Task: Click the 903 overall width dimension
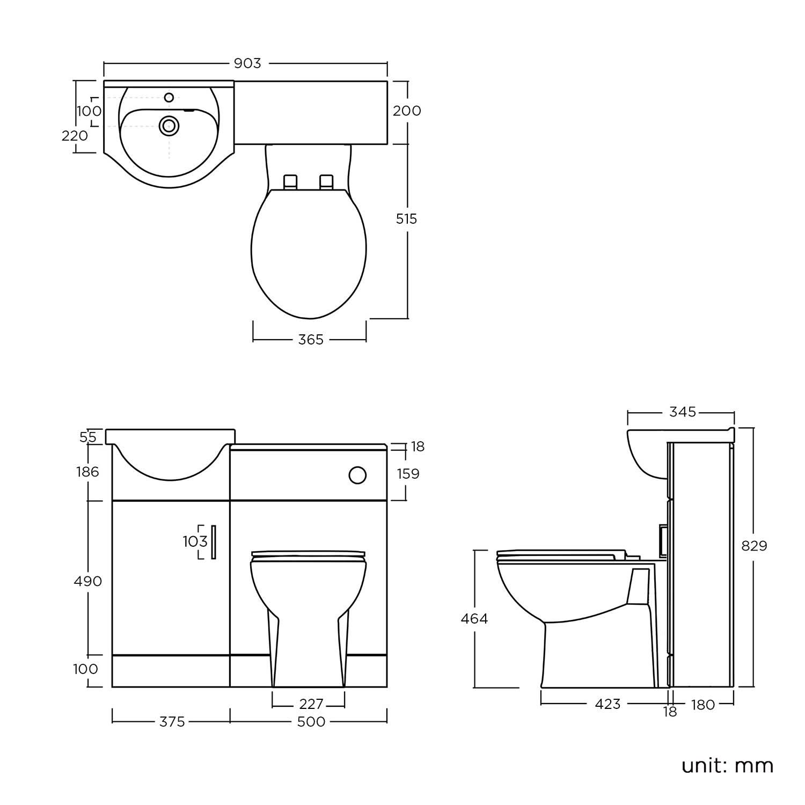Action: [247, 63]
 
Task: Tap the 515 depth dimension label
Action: [406, 219]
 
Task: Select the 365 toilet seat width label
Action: [311, 340]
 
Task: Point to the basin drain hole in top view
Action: [169, 126]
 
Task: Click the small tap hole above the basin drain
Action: [169, 97]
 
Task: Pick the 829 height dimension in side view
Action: [754, 546]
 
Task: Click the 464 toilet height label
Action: [474, 619]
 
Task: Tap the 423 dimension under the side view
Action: [608, 704]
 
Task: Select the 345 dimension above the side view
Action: [683, 412]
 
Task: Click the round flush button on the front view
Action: [357, 475]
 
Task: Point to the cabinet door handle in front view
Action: [213, 542]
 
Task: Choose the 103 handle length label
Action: [195, 541]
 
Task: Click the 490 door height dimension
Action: [88, 581]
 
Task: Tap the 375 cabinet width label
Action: [172, 722]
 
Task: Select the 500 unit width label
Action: [311, 722]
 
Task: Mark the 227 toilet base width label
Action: [311, 703]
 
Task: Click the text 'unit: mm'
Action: [727, 765]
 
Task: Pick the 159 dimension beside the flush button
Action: [407, 474]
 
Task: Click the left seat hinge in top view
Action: [290, 181]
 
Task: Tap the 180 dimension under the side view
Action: [702, 705]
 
